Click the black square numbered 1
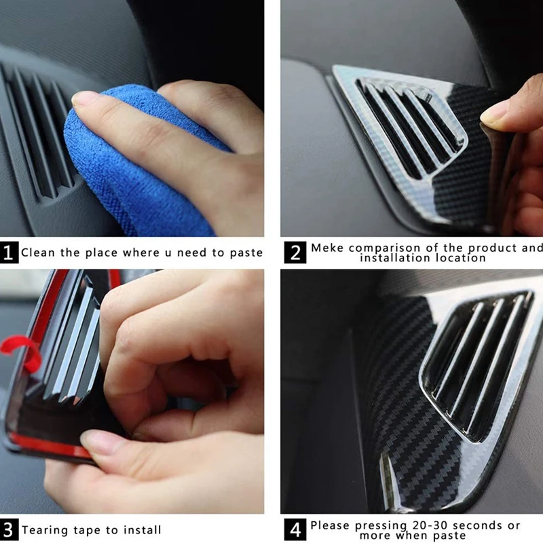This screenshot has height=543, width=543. click(9, 252)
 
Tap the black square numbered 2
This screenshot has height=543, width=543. click(295, 252)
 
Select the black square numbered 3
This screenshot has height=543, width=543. click(8, 530)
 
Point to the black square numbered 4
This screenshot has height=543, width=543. click(295, 530)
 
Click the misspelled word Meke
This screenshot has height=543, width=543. click(327, 248)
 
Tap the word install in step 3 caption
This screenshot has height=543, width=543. click(143, 530)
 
